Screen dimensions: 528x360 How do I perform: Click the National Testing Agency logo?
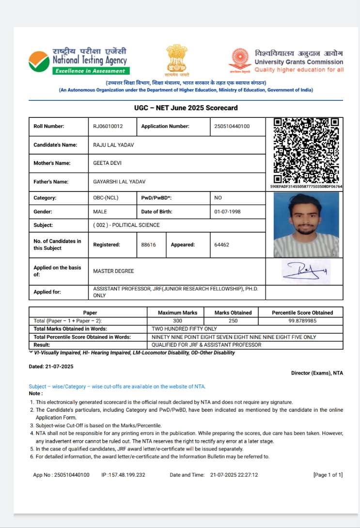click(78, 60)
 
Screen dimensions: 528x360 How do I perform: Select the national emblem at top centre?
click(176, 60)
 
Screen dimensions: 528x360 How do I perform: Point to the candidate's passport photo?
click(306, 225)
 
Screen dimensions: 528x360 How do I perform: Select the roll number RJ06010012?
click(108, 127)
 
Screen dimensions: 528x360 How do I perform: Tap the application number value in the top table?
click(232, 127)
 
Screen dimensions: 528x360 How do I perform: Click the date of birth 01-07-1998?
click(227, 212)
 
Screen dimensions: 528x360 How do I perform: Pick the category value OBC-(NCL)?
click(106, 198)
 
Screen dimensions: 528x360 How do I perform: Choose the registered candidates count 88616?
click(148, 245)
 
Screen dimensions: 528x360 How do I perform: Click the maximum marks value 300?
click(177, 321)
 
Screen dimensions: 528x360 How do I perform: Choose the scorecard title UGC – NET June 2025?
click(186, 108)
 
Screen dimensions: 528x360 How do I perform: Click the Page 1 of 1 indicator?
click(328, 475)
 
